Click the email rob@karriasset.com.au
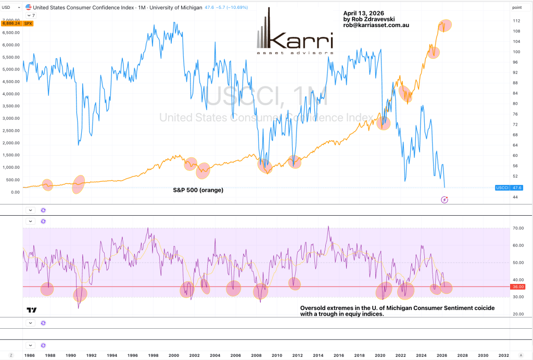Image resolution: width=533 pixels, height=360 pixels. click(378, 25)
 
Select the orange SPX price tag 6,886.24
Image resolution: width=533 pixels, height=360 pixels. click(10, 23)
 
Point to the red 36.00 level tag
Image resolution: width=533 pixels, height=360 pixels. click(518, 287)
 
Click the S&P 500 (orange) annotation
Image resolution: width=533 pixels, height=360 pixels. click(198, 190)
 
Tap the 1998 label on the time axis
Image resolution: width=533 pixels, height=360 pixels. click(153, 355)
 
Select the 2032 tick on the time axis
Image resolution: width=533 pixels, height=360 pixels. click(503, 355)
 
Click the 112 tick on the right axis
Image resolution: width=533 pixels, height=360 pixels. click(517, 21)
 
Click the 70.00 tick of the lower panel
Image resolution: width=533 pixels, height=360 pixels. click(518, 228)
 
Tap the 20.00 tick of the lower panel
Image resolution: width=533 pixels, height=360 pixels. click(518, 314)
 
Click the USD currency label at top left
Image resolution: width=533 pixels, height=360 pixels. click(6, 7)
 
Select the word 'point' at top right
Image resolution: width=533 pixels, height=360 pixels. click(517, 7)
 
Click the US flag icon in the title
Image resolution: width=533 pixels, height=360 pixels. click(29, 7)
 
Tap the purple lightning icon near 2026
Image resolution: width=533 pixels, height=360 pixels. click(445, 200)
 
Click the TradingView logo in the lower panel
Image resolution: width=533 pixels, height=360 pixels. click(32, 310)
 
